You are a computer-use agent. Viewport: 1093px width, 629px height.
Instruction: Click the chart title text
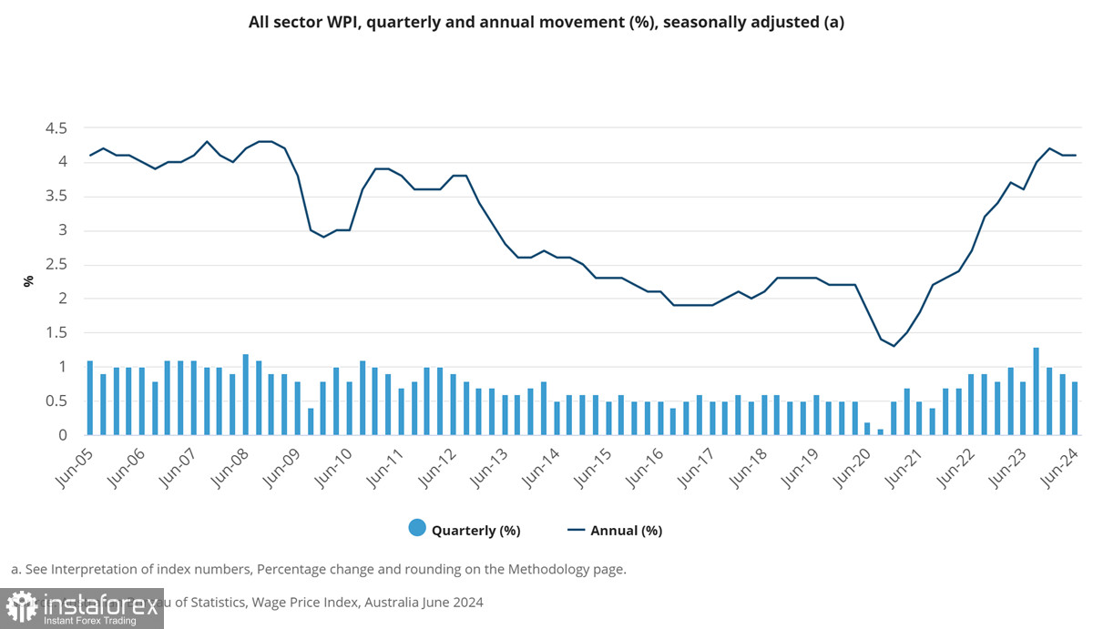(x=546, y=23)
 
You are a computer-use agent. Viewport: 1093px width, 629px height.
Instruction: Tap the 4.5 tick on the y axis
(x=56, y=128)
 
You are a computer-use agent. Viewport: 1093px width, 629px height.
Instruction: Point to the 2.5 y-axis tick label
(x=56, y=265)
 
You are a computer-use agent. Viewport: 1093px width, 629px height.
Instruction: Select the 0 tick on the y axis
(x=62, y=435)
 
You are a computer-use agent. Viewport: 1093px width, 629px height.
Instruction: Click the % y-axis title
(x=28, y=281)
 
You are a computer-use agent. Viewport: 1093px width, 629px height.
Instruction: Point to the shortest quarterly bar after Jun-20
(x=881, y=431)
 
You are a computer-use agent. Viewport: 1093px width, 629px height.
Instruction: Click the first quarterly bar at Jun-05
(x=90, y=398)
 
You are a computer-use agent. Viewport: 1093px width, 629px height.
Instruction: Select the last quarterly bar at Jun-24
(x=1075, y=408)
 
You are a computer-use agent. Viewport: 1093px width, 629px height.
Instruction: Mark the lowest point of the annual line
(x=894, y=346)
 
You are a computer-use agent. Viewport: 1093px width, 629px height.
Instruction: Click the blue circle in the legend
(x=417, y=528)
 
